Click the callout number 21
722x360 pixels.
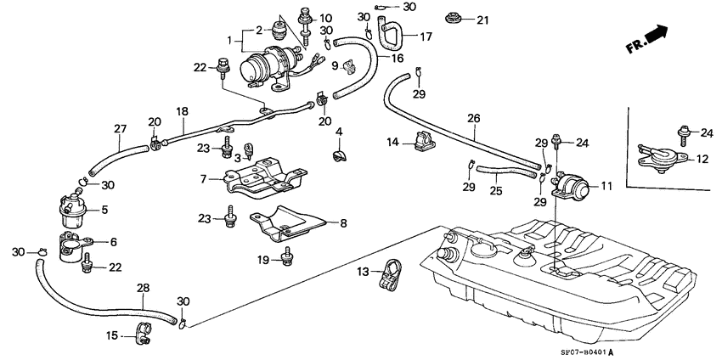pyautogui.click(x=482, y=20)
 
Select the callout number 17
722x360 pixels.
pyautogui.click(x=426, y=37)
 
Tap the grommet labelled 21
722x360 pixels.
pyautogui.click(x=451, y=17)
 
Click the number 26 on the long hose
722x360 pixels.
pyautogui.click(x=474, y=118)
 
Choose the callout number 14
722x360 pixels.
pyautogui.click(x=392, y=143)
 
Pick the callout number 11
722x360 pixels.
pyautogui.click(x=606, y=185)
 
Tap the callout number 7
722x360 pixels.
pyautogui.click(x=204, y=179)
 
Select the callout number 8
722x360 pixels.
pyautogui.click(x=343, y=223)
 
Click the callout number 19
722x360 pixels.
pyautogui.click(x=264, y=260)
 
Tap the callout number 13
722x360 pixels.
pyautogui.click(x=364, y=272)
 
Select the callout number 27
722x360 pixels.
pyautogui.click(x=120, y=129)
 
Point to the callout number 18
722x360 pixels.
pyautogui.click(x=182, y=111)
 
